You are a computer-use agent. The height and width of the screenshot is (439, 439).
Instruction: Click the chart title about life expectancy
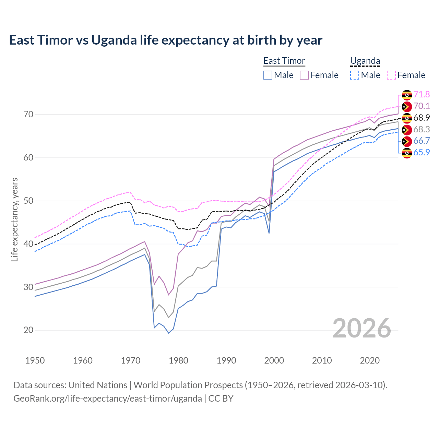[166, 40]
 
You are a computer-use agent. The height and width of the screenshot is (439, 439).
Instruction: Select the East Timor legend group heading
[284, 61]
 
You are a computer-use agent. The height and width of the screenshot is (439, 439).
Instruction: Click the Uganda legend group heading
[365, 61]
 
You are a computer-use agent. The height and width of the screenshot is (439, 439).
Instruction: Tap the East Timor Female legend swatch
[304, 75]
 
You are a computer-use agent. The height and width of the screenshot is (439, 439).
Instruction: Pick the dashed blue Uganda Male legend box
[355, 75]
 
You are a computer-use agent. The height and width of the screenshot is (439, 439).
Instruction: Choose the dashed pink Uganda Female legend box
[391, 75]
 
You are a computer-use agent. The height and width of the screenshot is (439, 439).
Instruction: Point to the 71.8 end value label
[422, 94]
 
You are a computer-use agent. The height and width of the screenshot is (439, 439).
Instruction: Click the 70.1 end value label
[422, 106]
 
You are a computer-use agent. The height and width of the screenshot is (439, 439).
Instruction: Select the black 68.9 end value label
[422, 118]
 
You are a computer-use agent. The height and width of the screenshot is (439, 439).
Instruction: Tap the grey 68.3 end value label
[422, 129]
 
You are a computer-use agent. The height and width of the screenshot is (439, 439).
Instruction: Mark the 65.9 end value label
[422, 152]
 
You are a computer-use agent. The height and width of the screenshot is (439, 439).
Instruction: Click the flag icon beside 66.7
[407, 141]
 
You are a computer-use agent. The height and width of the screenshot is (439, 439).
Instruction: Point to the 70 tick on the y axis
[28, 114]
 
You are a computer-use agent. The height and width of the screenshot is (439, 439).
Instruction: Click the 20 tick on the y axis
[28, 330]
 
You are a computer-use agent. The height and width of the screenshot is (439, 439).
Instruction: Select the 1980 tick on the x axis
[178, 360]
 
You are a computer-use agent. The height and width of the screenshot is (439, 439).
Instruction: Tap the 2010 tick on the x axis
[322, 360]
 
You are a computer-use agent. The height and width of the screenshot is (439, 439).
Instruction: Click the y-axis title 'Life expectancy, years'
[14, 219]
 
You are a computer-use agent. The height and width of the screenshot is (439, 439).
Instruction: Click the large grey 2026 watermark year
[361, 328]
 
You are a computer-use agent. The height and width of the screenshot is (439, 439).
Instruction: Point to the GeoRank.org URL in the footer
[108, 399]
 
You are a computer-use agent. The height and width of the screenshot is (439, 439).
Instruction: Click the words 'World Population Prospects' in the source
[188, 385]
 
